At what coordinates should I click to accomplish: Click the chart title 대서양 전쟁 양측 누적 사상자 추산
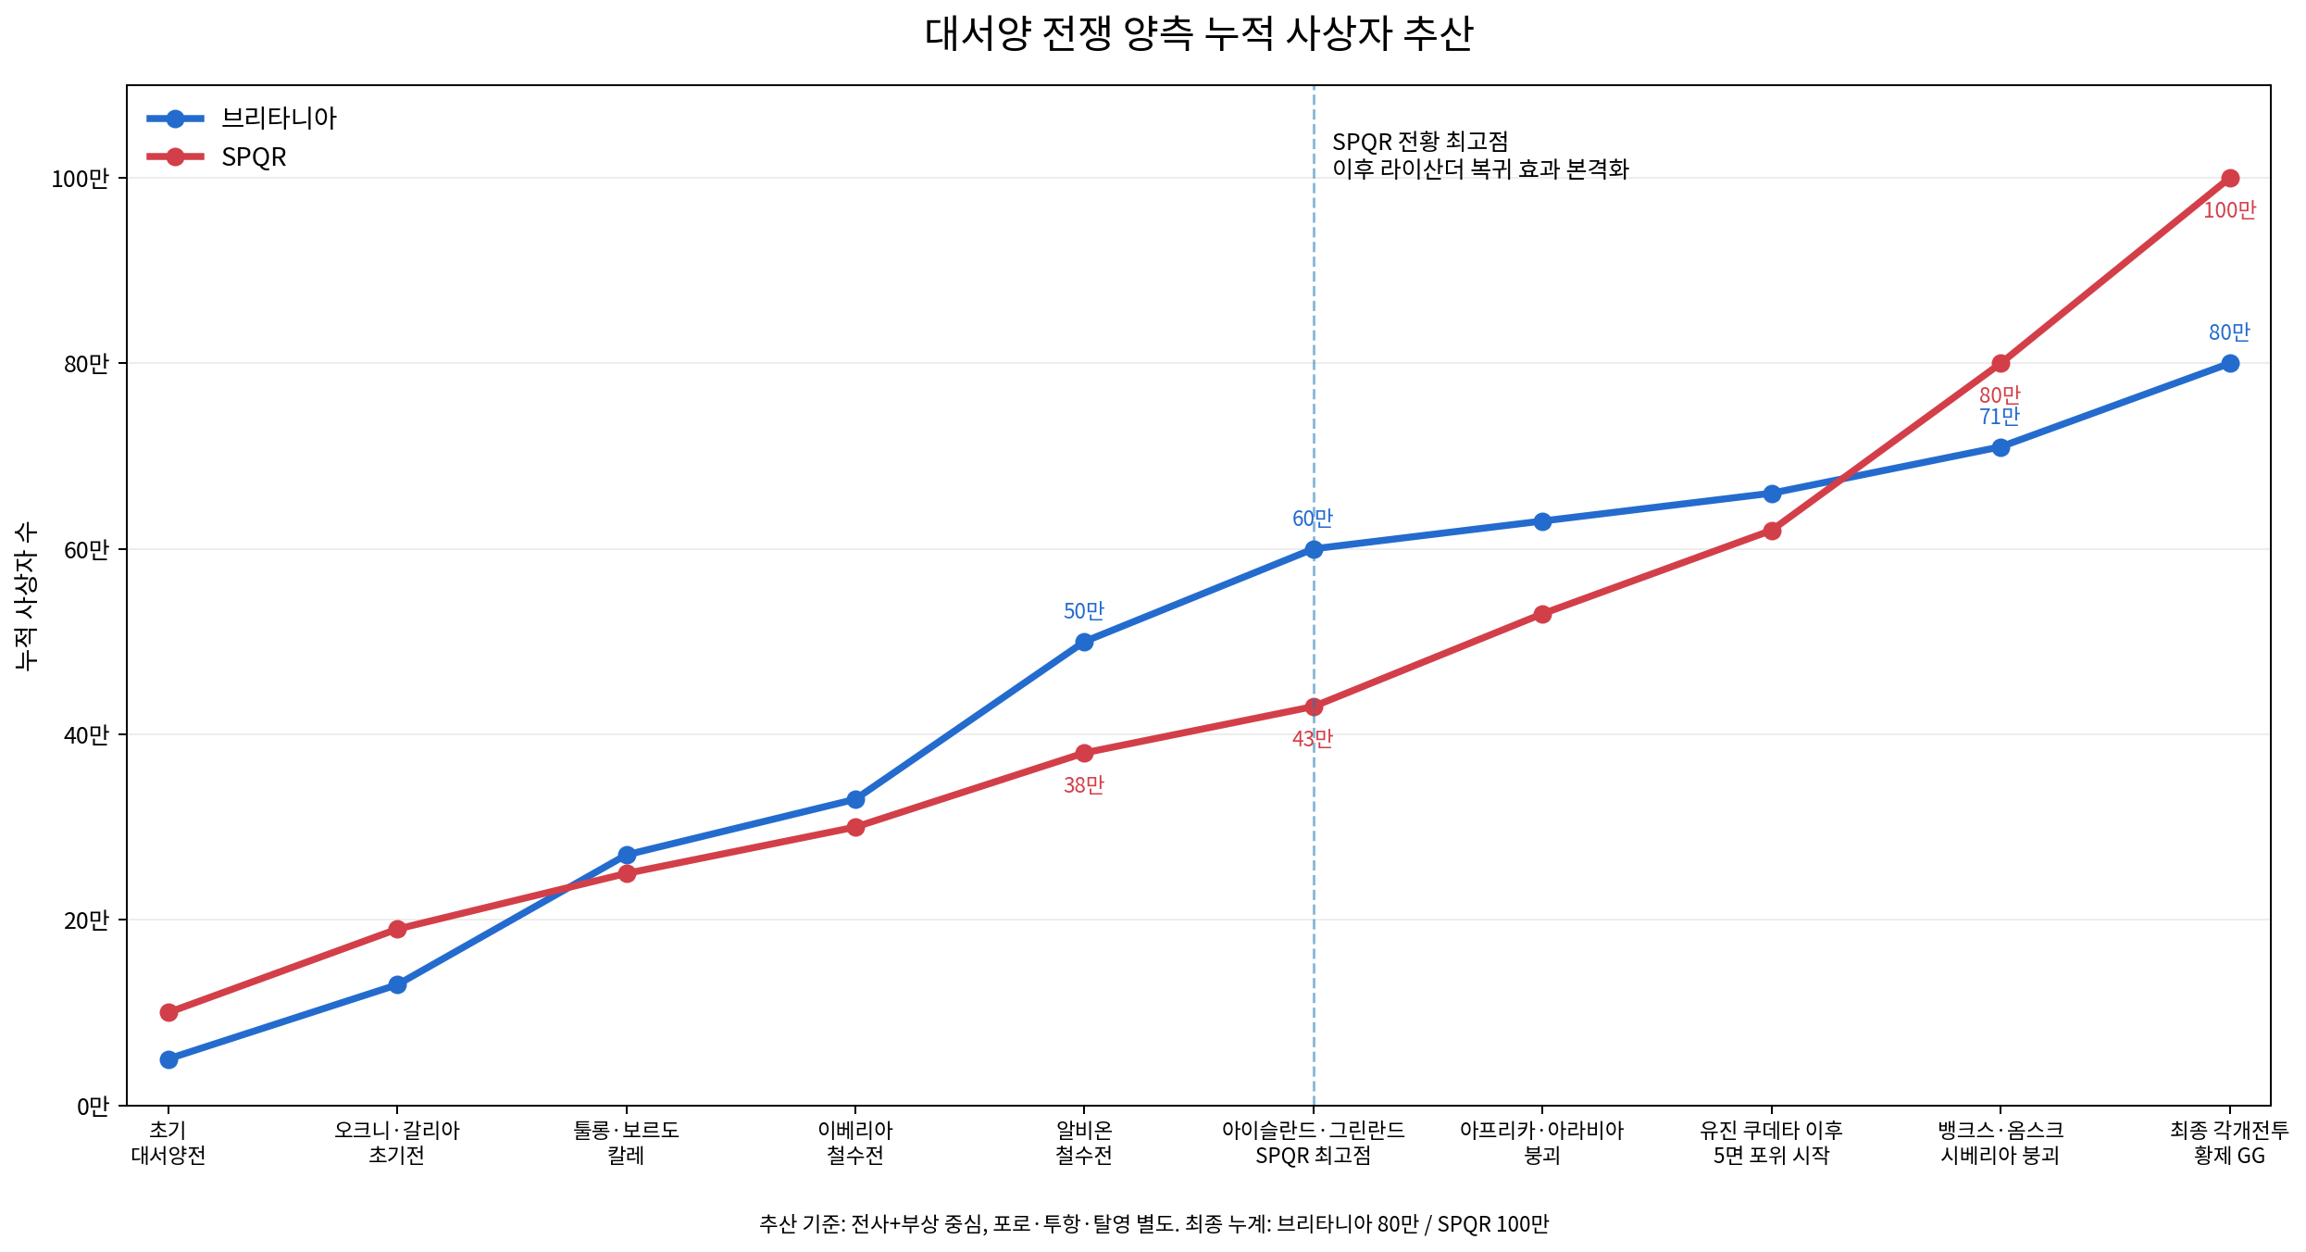(x=1198, y=34)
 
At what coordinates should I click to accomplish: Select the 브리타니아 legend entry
(x=242, y=118)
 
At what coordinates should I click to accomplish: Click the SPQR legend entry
(x=217, y=156)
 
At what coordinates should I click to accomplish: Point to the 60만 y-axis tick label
(x=86, y=550)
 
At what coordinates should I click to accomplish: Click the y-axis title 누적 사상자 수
(x=27, y=595)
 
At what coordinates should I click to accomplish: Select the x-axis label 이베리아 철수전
(x=855, y=1143)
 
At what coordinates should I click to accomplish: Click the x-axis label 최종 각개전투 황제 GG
(x=2229, y=1143)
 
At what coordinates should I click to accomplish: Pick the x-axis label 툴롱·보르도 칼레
(x=627, y=1143)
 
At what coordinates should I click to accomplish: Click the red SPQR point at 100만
(x=2230, y=178)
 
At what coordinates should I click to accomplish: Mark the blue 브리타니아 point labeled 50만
(x=1084, y=642)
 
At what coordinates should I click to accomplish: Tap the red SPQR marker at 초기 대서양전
(x=168, y=1012)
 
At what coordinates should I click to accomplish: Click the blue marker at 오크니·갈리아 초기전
(x=397, y=984)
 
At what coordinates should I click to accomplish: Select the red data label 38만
(x=1084, y=785)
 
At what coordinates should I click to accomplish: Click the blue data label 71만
(x=2000, y=417)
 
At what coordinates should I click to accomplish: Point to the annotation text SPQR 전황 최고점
(x=1420, y=142)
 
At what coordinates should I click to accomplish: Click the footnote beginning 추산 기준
(x=1153, y=1224)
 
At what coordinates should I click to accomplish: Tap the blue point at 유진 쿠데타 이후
(x=1772, y=494)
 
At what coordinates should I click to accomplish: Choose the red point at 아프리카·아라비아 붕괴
(x=1542, y=614)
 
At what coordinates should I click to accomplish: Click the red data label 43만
(x=1313, y=739)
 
